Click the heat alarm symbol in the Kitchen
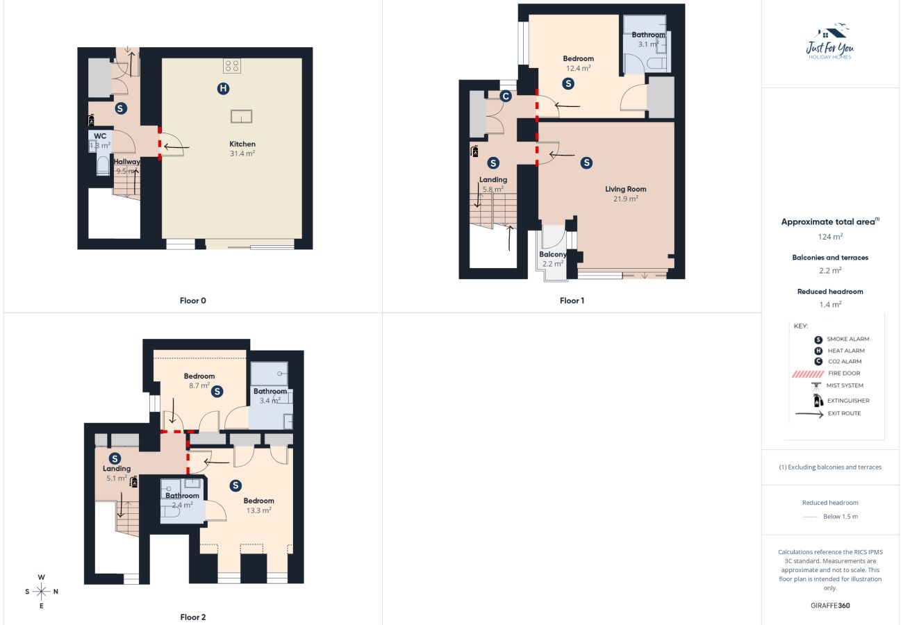(222, 88)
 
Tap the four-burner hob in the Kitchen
(232, 67)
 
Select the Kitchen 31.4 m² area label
(242, 149)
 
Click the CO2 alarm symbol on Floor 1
(506, 97)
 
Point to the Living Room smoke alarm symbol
(587, 162)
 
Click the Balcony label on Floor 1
(553, 254)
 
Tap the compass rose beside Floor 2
(42, 592)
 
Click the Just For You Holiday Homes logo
(830, 43)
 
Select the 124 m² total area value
(830, 237)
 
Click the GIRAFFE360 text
(830, 606)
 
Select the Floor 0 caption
(193, 301)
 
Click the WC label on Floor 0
(100, 136)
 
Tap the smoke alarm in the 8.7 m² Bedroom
(217, 392)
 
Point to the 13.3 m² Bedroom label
(258, 505)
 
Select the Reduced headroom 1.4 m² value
(830, 304)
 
